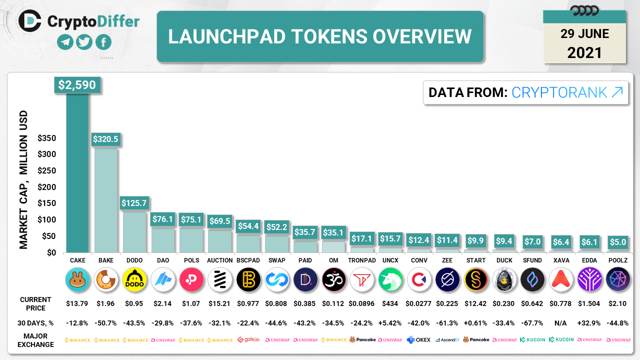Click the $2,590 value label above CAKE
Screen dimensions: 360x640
point(77,85)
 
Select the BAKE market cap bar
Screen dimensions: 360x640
point(106,200)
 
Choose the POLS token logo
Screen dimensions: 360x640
point(191,279)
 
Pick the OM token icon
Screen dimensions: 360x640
point(333,279)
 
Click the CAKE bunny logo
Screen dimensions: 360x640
point(77,279)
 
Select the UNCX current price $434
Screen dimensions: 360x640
point(390,303)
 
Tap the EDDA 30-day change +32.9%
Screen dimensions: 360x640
point(589,323)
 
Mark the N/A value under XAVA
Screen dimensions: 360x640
point(560,323)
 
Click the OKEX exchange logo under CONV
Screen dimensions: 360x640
point(418,340)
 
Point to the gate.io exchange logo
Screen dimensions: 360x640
point(248,340)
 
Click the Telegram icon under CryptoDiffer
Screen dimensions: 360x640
point(65,42)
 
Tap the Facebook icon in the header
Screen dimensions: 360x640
point(103,42)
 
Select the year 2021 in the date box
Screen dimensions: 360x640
point(584,52)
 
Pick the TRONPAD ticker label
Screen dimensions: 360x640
point(362,260)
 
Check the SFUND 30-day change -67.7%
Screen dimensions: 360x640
point(532,323)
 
